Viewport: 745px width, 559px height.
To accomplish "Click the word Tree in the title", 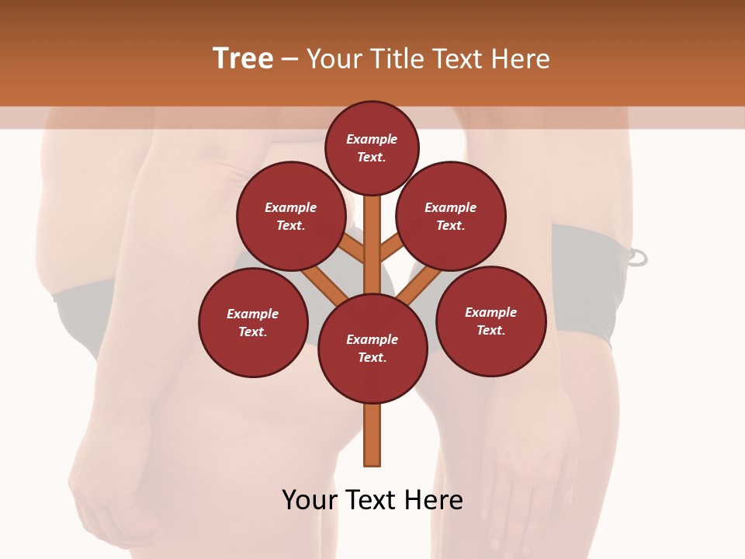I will pyautogui.click(x=243, y=59).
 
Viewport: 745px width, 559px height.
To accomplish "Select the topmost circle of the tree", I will pyautogui.click(x=372, y=148).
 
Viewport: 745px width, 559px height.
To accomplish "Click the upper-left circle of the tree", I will pyautogui.click(x=291, y=216).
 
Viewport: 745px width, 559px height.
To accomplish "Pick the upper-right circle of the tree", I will pyautogui.click(x=451, y=216).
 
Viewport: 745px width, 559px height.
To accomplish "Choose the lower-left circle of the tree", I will pyautogui.click(x=253, y=322).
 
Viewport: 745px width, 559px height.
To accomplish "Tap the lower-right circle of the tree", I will pyautogui.click(x=490, y=321).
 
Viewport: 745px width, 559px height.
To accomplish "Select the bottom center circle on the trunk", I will pyautogui.click(x=372, y=349).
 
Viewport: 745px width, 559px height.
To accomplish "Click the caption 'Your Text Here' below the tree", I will pyautogui.click(x=372, y=499).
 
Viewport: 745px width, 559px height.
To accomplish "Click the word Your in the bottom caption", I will pyautogui.click(x=310, y=499).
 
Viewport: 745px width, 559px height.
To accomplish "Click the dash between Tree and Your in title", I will pyautogui.click(x=289, y=60).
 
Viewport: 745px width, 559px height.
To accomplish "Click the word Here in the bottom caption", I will pyautogui.click(x=432, y=499).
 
